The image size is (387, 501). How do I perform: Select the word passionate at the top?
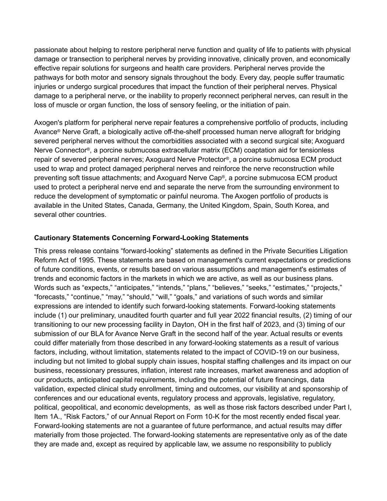51,50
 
